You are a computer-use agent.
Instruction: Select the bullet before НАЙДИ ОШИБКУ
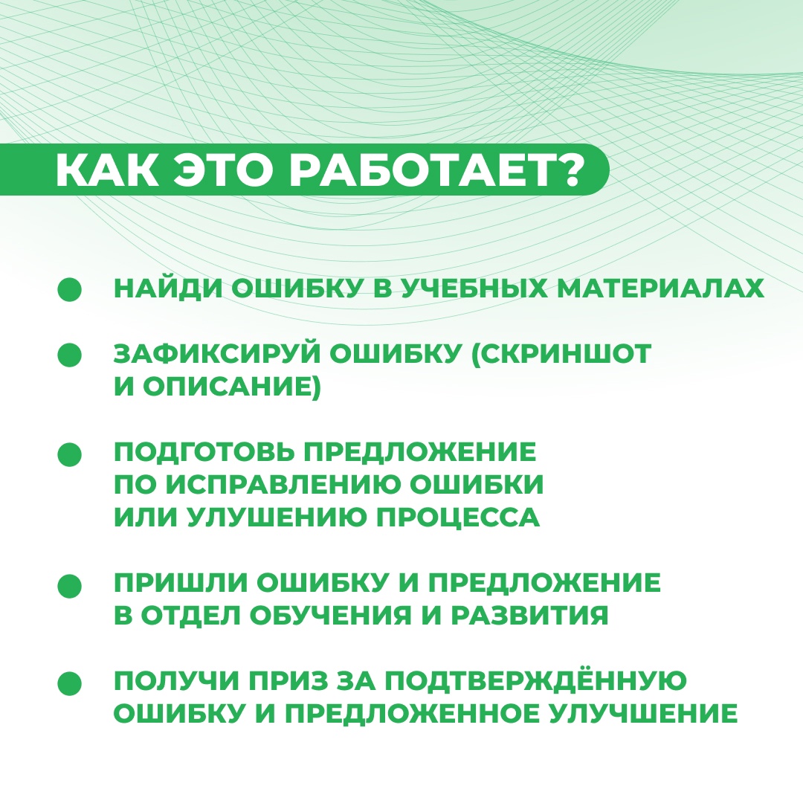(69, 290)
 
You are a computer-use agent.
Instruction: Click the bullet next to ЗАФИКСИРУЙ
(69, 355)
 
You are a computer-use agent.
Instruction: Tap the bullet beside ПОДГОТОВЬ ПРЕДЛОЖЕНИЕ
(69, 454)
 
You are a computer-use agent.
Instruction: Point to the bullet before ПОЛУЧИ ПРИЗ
(69, 683)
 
